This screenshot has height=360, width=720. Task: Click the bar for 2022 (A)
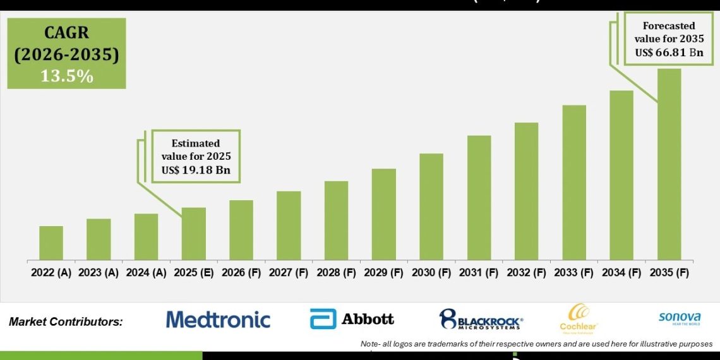coord(51,243)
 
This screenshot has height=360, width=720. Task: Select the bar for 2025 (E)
coord(194,234)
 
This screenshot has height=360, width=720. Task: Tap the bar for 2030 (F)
coord(431,207)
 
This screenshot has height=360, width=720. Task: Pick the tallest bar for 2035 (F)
coord(669,164)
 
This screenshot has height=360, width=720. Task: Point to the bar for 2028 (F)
coord(336,220)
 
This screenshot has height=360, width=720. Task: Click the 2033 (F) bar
coord(574,183)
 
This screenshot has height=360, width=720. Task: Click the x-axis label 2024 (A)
coord(147,273)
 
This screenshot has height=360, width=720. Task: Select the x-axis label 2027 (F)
coord(289,273)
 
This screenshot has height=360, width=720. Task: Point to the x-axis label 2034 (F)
coord(621,273)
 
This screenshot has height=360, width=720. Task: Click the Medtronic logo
coord(218,320)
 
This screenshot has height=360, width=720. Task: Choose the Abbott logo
coord(352,319)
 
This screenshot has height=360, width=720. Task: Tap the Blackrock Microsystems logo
coord(481,320)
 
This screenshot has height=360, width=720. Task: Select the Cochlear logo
coord(579,318)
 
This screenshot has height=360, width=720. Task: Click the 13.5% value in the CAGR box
coord(67,76)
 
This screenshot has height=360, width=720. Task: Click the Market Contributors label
coord(66,322)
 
